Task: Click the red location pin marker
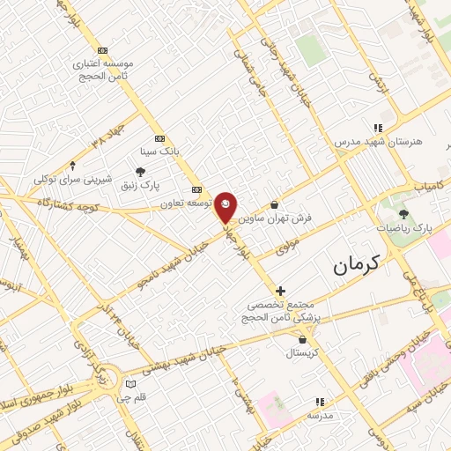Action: coord(226,206)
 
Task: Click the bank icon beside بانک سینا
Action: coord(159,138)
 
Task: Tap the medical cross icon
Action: coord(281,290)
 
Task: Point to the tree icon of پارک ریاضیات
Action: coord(404,213)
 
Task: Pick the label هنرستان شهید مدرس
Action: coord(379,141)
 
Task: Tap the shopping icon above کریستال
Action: coord(303,339)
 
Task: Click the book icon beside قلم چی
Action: coord(130,384)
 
